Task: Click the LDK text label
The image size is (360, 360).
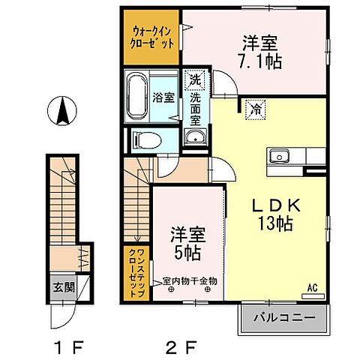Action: coord(261,205)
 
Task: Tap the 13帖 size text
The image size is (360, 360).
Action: coord(262,224)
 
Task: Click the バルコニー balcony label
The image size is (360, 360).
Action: coord(284,318)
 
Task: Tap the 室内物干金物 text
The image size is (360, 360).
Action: coord(190,282)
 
